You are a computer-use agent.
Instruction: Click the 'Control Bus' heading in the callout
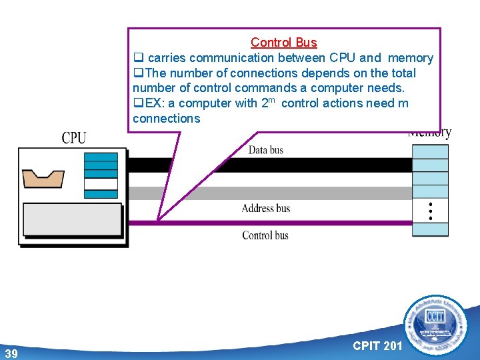[283, 43]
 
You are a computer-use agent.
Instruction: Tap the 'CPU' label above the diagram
[74, 138]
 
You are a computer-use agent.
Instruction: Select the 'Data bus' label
[266, 150]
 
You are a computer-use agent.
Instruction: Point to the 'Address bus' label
[266, 208]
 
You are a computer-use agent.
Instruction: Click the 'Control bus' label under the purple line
[265, 235]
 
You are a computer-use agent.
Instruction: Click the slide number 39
[11, 353]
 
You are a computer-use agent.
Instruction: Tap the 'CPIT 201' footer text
[377, 345]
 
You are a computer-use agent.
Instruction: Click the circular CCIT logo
[437, 325]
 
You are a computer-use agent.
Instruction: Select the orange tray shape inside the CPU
[43, 178]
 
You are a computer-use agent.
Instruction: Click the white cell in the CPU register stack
[101, 184]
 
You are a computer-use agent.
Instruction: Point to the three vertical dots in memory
[431, 211]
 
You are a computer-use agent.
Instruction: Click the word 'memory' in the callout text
[410, 58]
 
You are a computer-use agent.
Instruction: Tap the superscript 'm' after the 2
[273, 99]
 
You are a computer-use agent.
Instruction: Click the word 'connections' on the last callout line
[166, 119]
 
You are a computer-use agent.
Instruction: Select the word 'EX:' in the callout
[155, 103]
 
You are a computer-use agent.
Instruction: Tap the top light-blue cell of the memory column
[430, 151]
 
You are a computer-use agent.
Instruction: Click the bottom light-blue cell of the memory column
[430, 229]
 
